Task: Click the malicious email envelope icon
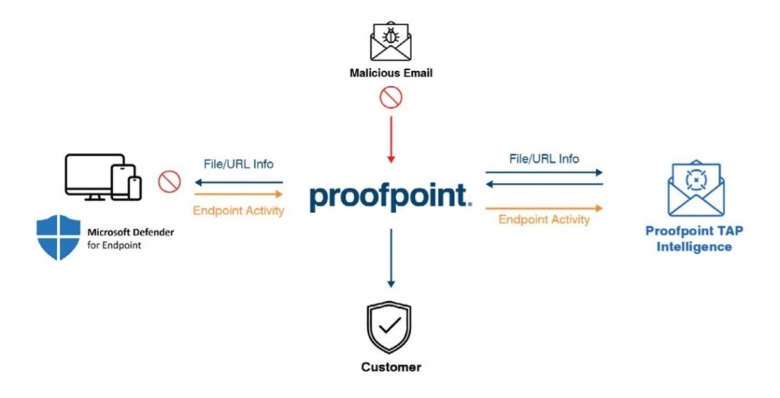pos(391,41)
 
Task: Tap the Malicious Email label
pos(391,74)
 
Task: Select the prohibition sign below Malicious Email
pos(391,98)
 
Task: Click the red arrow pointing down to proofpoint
pos(391,137)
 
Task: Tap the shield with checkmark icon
pos(391,327)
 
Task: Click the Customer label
pos(391,367)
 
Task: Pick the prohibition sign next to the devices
pos(168,182)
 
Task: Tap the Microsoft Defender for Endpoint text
pos(129,238)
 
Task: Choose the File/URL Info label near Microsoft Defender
pos(238,164)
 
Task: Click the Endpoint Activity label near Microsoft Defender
pos(238,211)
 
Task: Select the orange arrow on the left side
pos(238,194)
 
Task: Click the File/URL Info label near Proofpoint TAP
pos(544,159)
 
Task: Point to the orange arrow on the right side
pos(544,207)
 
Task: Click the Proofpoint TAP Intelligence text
pos(694,238)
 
